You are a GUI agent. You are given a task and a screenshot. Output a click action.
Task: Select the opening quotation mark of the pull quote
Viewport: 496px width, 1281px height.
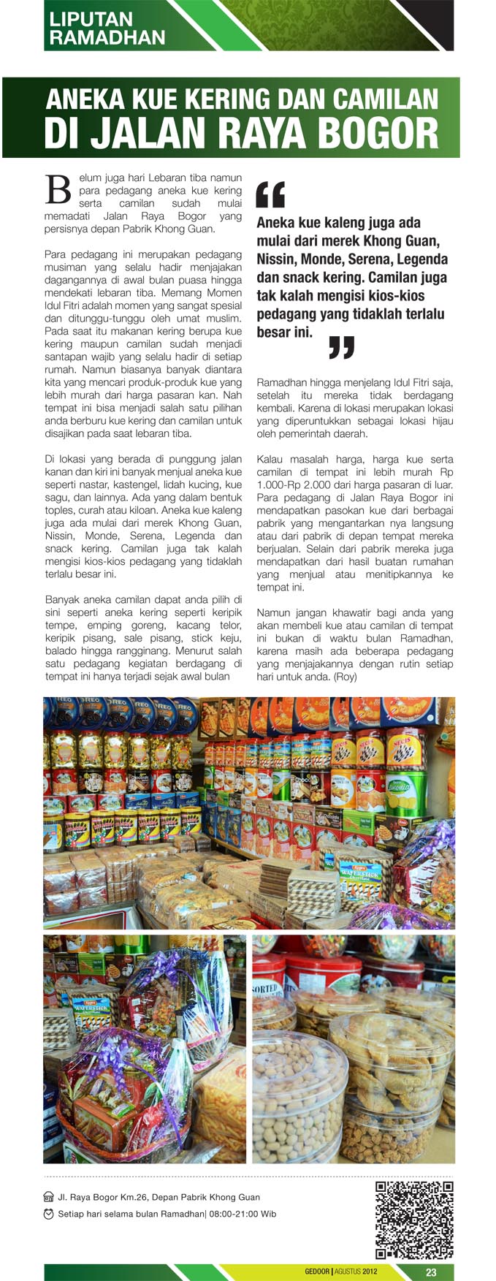(270, 194)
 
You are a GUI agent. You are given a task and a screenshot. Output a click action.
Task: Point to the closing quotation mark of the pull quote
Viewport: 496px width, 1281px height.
(341, 347)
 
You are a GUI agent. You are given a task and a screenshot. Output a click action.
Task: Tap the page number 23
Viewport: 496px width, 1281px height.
(431, 1272)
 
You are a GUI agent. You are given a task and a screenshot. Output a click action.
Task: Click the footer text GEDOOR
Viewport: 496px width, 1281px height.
(317, 1272)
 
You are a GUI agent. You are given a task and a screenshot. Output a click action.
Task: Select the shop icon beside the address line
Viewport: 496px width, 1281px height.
(49, 1198)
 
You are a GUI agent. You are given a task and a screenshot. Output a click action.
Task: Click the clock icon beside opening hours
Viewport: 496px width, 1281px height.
(49, 1215)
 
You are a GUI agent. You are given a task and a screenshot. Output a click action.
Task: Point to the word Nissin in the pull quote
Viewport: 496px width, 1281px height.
(278, 259)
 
